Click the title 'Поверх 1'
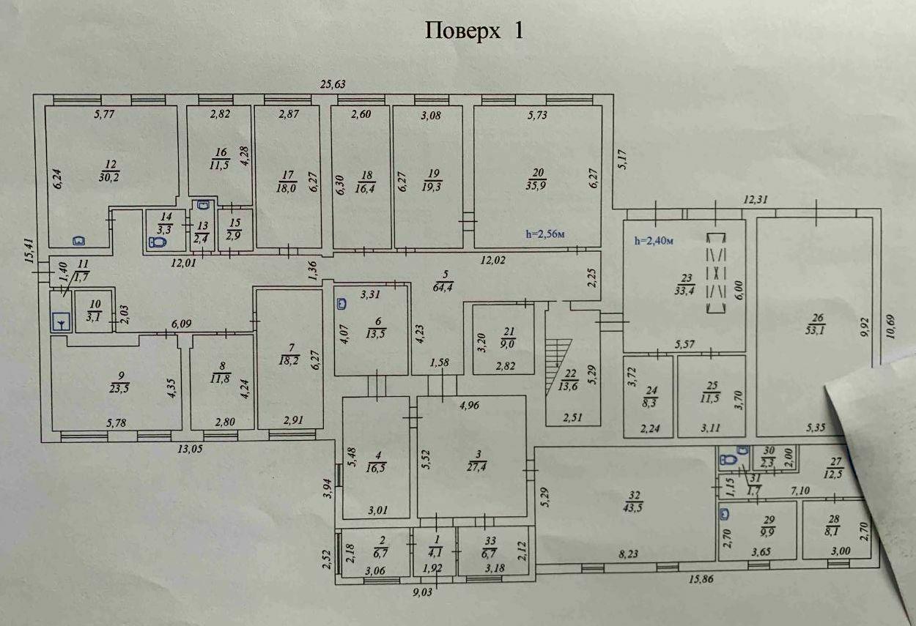tap(474, 31)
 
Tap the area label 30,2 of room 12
tap(111, 176)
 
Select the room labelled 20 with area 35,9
tap(537, 179)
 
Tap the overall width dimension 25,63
tap(333, 84)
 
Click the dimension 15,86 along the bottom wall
tap(701, 579)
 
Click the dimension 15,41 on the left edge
tap(29, 250)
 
